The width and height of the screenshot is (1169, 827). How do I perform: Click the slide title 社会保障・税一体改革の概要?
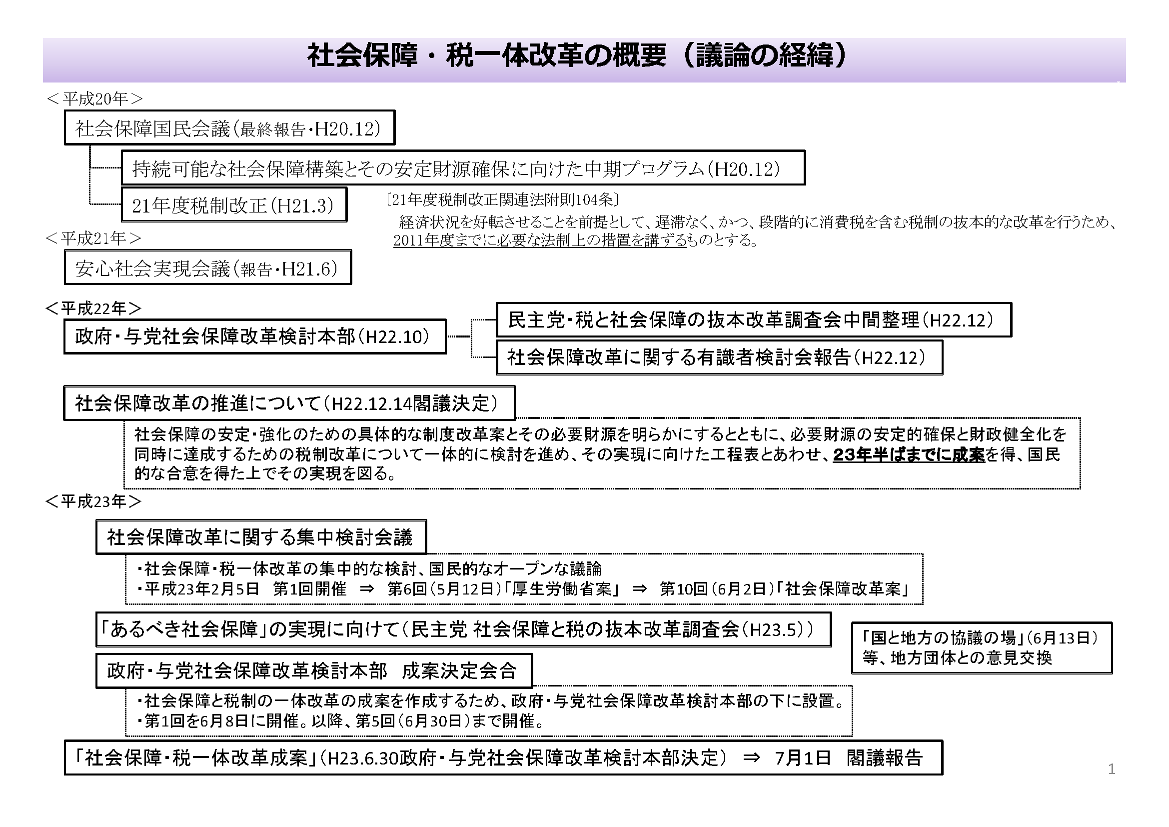(487, 56)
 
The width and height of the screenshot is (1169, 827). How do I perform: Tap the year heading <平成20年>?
(94, 99)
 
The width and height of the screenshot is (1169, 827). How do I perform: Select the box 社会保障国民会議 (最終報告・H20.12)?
(229, 128)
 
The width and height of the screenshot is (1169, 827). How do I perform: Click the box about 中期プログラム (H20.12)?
(463, 167)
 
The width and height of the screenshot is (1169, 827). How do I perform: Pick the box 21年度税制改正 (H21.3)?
(234, 204)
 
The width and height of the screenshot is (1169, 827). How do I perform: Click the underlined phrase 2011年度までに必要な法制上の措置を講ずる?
(540, 240)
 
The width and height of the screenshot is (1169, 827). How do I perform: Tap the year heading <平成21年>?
(93, 238)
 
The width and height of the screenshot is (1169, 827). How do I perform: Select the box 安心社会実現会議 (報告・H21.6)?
(208, 267)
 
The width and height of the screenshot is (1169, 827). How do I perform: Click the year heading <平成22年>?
(93, 308)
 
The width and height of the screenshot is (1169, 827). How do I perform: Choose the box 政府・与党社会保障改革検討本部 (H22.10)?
(255, 336)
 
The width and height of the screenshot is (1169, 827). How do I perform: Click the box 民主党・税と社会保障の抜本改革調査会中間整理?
(754, 320)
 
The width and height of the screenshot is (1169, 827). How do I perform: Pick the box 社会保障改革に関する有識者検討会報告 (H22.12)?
(719, 357)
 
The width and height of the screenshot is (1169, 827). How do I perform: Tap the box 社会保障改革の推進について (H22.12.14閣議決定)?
(289, 403)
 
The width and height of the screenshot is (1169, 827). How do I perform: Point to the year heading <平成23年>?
(93, 501)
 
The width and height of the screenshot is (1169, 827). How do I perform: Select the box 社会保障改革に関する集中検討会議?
(261, 537)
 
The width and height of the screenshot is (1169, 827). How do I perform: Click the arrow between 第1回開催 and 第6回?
(366, 589)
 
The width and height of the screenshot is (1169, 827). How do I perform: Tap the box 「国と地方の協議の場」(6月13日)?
(982, 647)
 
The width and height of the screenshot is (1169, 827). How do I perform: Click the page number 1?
(1112, 769)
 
